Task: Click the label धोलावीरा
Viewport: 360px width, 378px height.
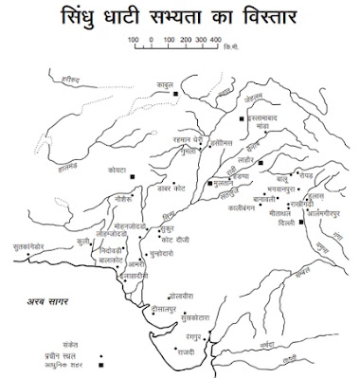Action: coord(181,297)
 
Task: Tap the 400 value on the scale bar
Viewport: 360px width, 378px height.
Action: coord(214,40)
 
